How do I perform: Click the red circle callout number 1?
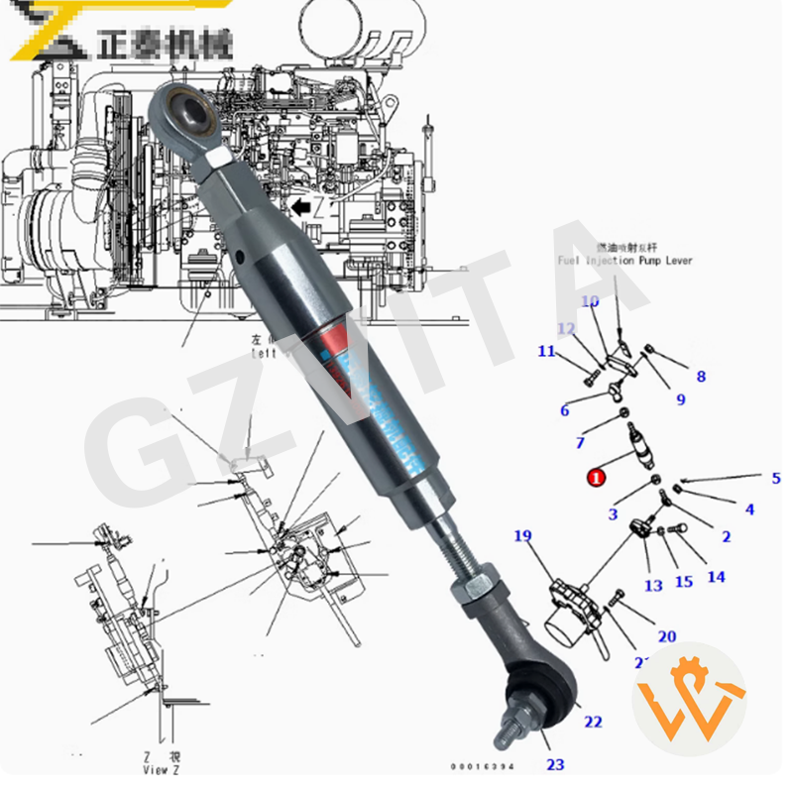tap(596, 478)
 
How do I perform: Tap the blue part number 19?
tap(523, 536)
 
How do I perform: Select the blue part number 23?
tap(555, 764)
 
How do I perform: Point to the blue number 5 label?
tap(776, 479)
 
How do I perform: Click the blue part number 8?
tap(701, 377)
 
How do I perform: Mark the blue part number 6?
tap(564, 410)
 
